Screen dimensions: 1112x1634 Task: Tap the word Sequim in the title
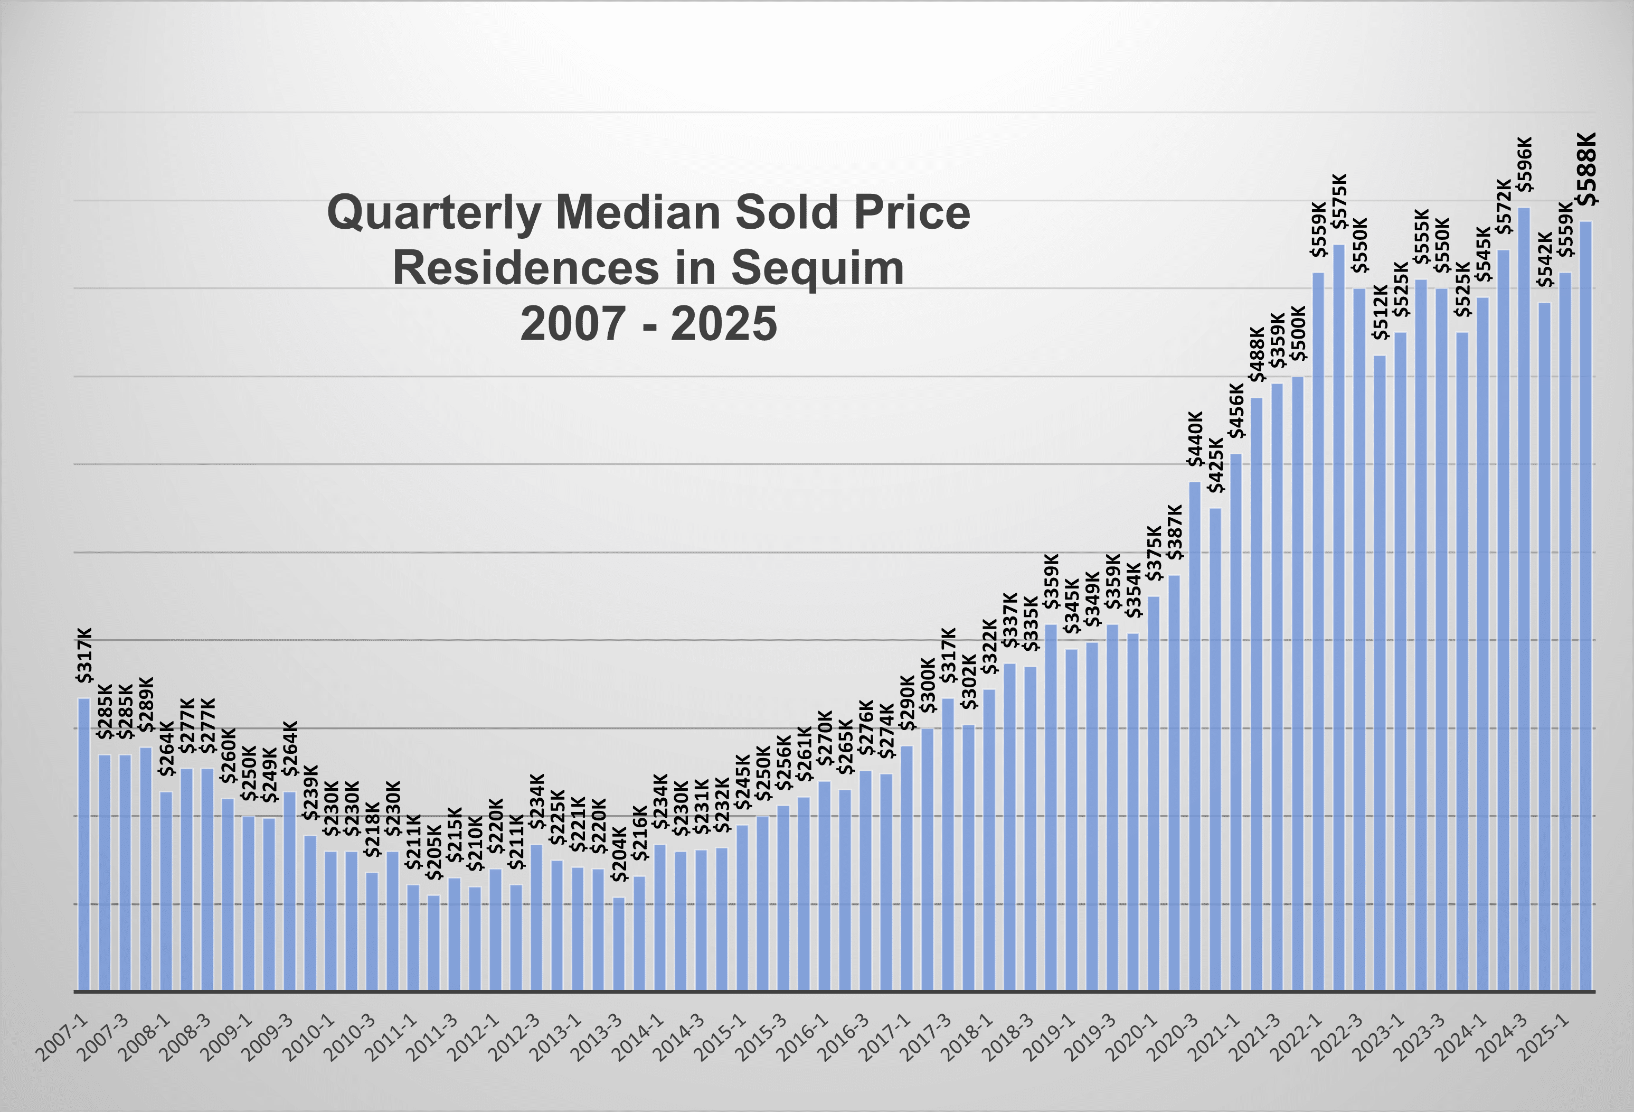pyautogui.click(x=817, y=269)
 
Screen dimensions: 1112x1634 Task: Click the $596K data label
pyautogui.click(x=1524, y=165)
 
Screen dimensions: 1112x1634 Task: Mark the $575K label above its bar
pyautogui.click(x=1339, y=202)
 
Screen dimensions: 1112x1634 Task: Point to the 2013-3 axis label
pyautogui.click(x=598, y=1038)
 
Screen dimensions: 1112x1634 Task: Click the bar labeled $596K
pyautogui.click(x=1524, y=598)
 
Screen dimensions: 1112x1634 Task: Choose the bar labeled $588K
pyautogui.click(x=1586, y=605)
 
